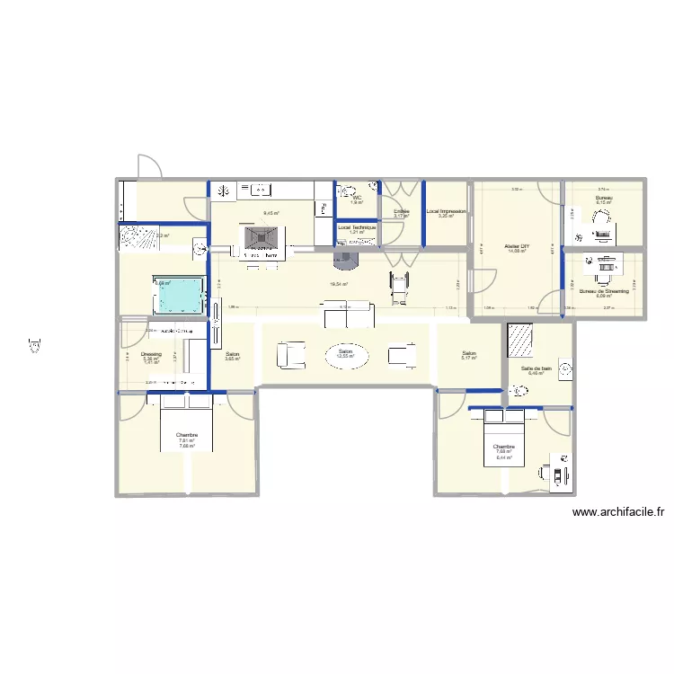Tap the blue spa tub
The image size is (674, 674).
pos(180,294)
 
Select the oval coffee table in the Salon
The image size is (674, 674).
pos(345,355)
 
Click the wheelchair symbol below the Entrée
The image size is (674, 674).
pos(396,285)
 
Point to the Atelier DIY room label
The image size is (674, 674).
pos(516,244)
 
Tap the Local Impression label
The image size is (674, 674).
pos(446,211)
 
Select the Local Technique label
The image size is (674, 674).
pos(357,227)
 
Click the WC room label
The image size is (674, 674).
pos(357,198)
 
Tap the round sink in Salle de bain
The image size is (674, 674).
pos(564,368)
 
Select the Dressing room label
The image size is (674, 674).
pos(151,354)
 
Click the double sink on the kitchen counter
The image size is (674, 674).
pos(258,190)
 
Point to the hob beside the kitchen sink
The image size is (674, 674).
pos(224,190)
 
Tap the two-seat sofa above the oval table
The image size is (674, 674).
pos(349,317)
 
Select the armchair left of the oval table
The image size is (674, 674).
pos(291,354)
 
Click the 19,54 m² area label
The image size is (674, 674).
pos(339,284)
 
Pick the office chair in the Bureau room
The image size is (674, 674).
pos(579,236)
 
